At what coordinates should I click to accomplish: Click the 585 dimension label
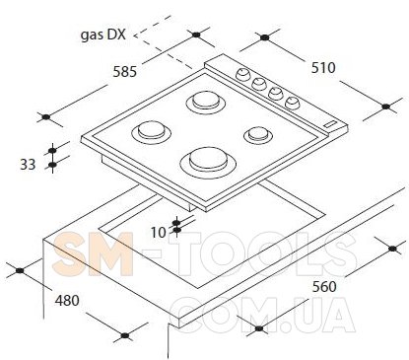(125, 71)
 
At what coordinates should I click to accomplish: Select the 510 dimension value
(323, 68)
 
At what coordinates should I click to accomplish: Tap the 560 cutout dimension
(324, 287)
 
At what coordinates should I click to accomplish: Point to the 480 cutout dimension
(67, 300)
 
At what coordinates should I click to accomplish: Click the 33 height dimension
(28, 165)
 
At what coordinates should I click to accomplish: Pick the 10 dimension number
(159, 233)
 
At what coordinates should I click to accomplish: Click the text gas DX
(103, 35)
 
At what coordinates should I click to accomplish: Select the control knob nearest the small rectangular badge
(293, 103)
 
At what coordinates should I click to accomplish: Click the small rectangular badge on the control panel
(330, 124)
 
